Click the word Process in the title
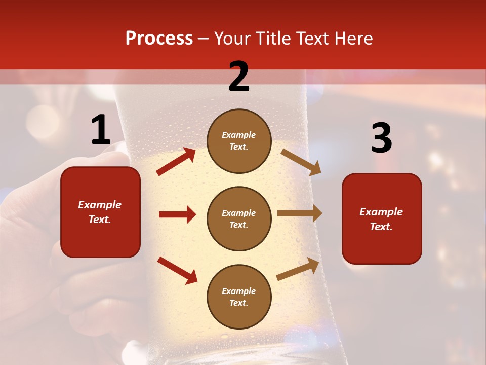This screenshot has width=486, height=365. pos(159,39)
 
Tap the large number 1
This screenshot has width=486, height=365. pos(100,130)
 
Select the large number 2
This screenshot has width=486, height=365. pos(239,77)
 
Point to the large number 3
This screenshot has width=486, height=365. pos(381,138)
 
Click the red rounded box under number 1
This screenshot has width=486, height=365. pos(100,212)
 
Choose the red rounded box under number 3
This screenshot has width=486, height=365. pos(382,218)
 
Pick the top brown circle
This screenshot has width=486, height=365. pos(239,141)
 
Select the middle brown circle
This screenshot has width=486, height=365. pos(239,218)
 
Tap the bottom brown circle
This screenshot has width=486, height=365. pos(239,297)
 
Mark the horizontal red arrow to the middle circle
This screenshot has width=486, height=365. pos(177,214)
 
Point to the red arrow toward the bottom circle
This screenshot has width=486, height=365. pos(177,270)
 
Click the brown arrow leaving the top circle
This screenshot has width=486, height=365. pos(301,162)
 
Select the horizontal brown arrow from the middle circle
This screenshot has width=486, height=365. pos(299,213)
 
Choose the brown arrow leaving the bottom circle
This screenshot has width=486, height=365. pos(298,269)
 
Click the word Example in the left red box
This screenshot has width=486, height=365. pos(100,205)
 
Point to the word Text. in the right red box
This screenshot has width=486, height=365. pos(381,227)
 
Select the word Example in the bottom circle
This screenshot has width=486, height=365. pos(239,291)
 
